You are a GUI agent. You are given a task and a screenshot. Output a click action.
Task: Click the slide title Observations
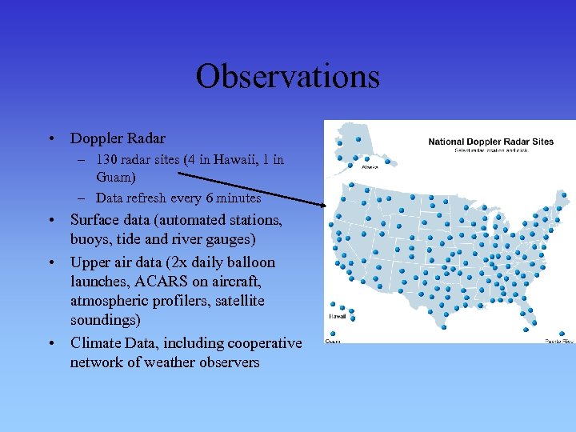287,77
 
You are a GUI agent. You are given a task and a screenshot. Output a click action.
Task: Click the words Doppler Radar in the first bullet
118,139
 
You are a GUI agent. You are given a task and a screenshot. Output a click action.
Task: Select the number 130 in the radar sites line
106,160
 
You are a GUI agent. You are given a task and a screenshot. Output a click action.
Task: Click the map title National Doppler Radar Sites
490,142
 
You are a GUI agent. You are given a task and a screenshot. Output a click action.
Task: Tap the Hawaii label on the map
337,317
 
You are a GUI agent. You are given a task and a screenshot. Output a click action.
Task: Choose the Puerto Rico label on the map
559,342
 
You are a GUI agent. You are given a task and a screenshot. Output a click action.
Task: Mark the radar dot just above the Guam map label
330,332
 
